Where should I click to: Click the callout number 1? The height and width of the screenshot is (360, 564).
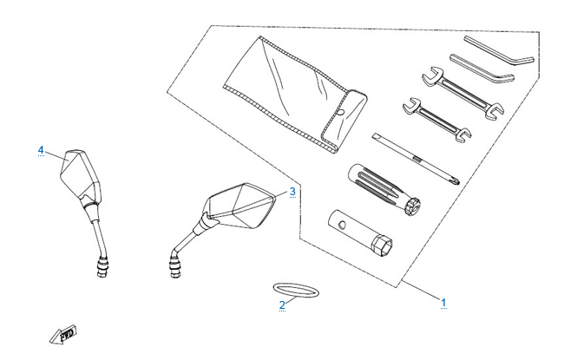(x=444, y=303)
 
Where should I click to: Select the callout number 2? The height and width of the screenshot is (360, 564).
(x=282, y=304)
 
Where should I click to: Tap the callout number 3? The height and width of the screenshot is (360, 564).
(x=292, y=191)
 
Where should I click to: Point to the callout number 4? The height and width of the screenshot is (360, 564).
(x=41, y=150)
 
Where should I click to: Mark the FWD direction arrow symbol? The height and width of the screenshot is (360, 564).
(x=63, y=334)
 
